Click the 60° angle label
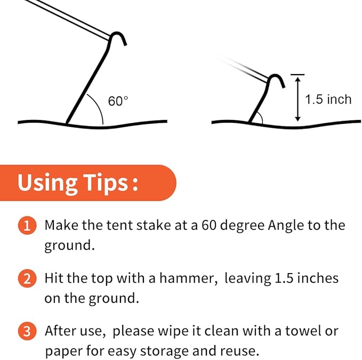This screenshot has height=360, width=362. (118, 101)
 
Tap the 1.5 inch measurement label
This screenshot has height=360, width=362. (328, 99)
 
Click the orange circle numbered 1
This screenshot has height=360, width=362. (27, 226)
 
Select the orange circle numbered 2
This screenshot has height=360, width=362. (27, 278)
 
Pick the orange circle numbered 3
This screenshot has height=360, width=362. (27, 331)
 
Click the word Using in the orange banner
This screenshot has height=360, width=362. (47, 183)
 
